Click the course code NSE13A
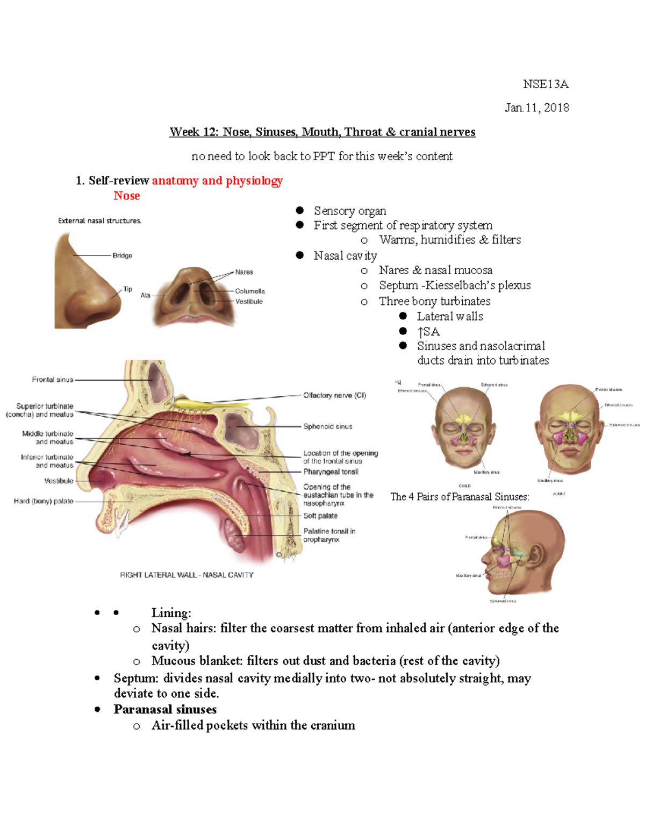tap(546, 84)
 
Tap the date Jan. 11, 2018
tap(536, 108)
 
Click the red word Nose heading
tap(126, 196)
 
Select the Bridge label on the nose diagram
tap(122, 255)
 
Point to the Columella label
tap(249, 291)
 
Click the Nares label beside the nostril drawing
tap(243, 272)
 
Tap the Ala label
tap(145, 295)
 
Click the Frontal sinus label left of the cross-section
tap(52, 380)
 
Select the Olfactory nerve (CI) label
tap(334, 395)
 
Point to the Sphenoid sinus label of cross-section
tap(327, 426)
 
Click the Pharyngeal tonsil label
tap(331, 472)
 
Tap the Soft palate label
tap(320, 516)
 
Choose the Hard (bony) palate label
tap(44, 501)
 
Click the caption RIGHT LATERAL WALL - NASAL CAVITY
tap(187, 575)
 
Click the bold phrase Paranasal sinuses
tap(165, 709)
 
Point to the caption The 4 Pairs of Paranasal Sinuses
tap(460, 497)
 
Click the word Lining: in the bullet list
tap(171, 613)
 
